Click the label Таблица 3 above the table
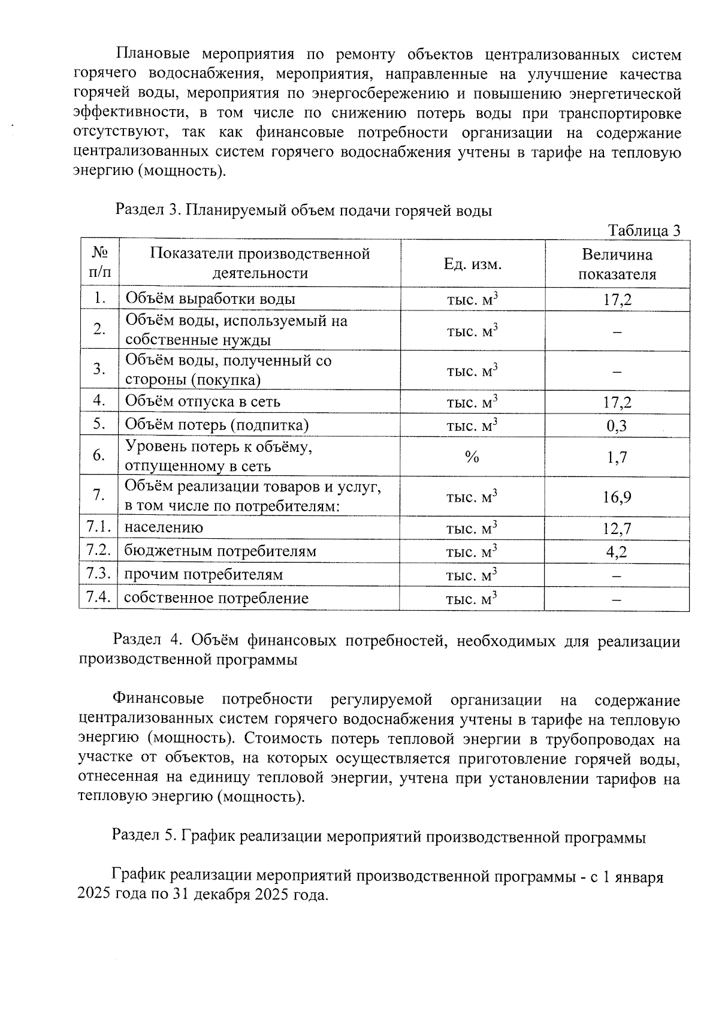pos(644,231)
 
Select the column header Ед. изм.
pos(472,264)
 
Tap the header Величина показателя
pos(617,264)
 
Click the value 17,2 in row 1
pos(617,300)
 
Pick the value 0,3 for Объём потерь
pos(617,425)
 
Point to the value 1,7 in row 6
pos(617,457)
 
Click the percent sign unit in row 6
pos(472,457)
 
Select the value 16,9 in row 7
pos(617,497)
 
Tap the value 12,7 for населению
pos(617,529)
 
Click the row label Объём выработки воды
pos(210,299)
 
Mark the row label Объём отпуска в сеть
pos(203,401)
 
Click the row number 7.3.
pos(99,574)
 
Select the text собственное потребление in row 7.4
pos(216,598)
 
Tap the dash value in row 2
pos(617,331)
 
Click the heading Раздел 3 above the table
pos(303,210)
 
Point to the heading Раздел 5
pos(379,837)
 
